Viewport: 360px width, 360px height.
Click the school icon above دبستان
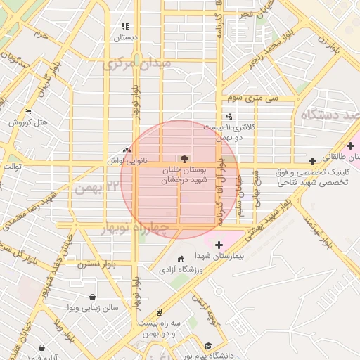(125, 27)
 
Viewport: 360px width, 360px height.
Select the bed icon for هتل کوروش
(27, 111)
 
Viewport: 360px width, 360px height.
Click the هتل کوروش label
(28, 122)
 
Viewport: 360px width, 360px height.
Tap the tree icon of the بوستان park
(184, 159)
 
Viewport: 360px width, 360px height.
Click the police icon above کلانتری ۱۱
(229, 116)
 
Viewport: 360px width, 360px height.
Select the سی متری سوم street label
(258, 98)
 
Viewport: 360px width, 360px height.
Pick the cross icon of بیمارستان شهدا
(219, 245)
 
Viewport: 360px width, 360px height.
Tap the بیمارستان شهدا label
(218, 257)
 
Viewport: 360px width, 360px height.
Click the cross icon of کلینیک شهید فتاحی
(312, 162)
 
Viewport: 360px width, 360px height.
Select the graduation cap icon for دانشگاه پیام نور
(208, 346)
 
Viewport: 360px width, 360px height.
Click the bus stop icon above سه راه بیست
(160, 311)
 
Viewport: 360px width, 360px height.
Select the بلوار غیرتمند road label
(317, 231)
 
